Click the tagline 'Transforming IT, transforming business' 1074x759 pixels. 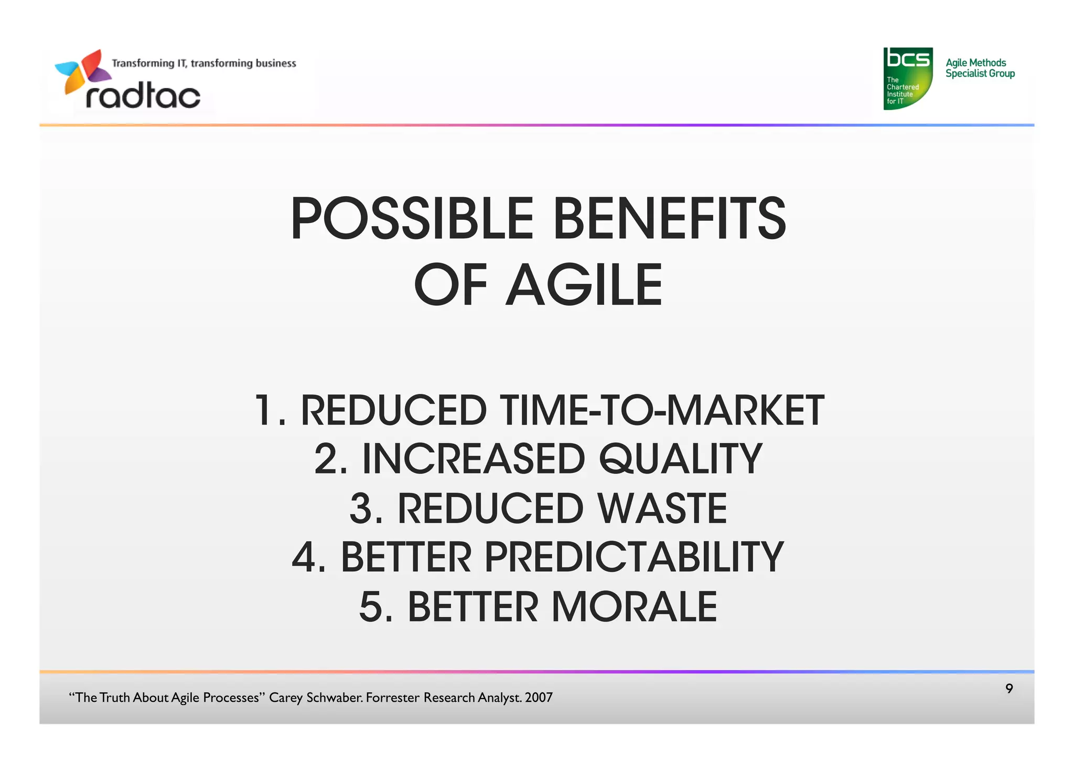coord(203,63)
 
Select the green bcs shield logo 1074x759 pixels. coord(907,78)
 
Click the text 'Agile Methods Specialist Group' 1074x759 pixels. coord(980,68)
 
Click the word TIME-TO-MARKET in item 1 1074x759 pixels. coord(662,410)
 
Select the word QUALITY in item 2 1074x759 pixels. coord(680,459)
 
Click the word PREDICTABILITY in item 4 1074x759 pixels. coord(633,557)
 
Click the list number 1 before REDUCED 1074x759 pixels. coord(264,410)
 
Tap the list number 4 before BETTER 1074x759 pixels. coord(304,557)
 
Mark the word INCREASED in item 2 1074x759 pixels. coord(473,459)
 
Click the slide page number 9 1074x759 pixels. coord(1009,689)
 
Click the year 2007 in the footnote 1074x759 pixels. coord(539,698)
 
